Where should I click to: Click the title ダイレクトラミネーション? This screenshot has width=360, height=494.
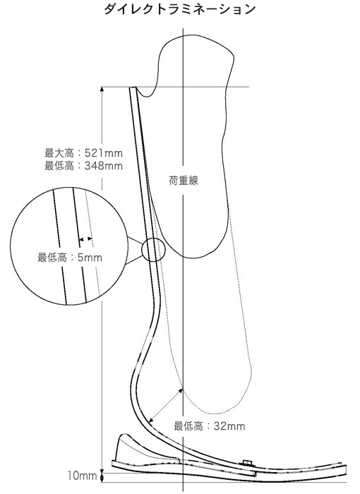pos(179,9)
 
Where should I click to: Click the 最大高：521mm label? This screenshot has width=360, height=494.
pos(83,153)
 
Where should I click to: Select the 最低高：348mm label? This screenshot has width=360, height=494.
pos(83,166)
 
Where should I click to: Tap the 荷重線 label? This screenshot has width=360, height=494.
pos(184,181)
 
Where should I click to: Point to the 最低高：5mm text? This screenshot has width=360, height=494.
pos(70,258)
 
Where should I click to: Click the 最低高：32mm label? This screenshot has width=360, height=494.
pos(210,426)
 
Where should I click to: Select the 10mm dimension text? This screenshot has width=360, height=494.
pos(82,476)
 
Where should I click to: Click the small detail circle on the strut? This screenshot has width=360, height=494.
pos(153,250)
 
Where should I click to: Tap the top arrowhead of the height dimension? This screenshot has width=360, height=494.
pos(102,90)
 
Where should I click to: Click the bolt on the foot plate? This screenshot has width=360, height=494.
pos(247,462)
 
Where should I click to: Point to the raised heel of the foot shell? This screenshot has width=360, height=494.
pos(124,442)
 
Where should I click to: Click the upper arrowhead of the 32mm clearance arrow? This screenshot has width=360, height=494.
pos(181,391)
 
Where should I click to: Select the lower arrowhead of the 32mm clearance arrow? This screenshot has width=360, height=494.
pos(150,421)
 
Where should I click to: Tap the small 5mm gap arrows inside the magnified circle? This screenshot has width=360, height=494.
pos(85,239)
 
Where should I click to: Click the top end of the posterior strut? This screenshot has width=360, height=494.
pos(133,88)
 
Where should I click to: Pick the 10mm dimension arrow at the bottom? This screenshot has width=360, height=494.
pos(102,476)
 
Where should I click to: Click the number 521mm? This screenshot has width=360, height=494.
pos(104,153)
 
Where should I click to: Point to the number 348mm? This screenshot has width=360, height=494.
pos(104,166)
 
